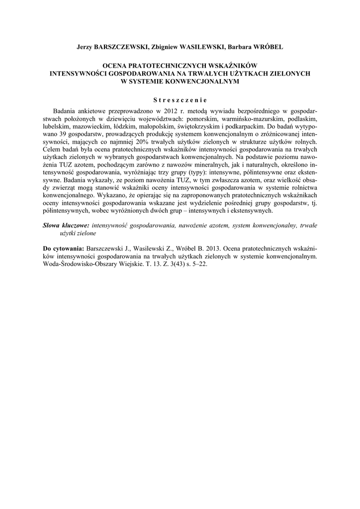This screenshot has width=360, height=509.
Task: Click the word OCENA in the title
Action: [114, 65]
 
